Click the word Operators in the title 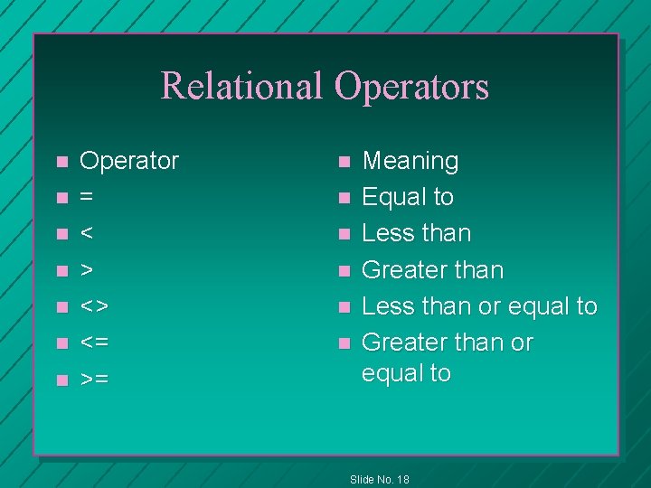(x=411, y=87)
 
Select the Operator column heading (x=129, y=162)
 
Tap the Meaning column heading (x=410, y=162)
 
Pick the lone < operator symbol (x=87, y=234)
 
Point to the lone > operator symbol (x=87, y=270)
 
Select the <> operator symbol (x=94, y=306)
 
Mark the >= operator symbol (x=94, y=380)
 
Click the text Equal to (x=408, y=197)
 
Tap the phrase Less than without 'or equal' (x=416, y=233)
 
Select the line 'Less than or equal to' (x=479, y=306)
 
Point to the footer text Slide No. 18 (x=379, y=479)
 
